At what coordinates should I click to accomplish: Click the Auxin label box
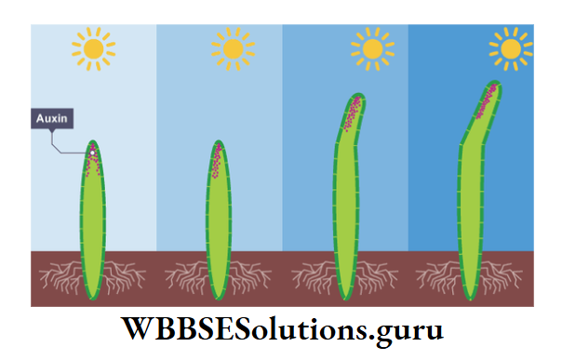(x=52, y=119)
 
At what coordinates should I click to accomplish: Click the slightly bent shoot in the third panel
(x=345, y=214)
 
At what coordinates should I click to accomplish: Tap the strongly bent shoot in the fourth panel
(x=471, y=214)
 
